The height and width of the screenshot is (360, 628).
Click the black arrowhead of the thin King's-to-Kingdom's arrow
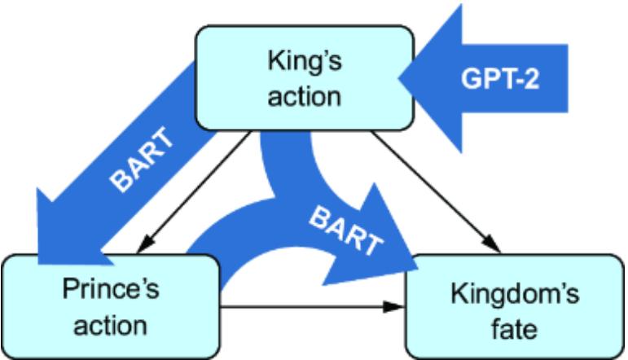[x=492, y=245]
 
